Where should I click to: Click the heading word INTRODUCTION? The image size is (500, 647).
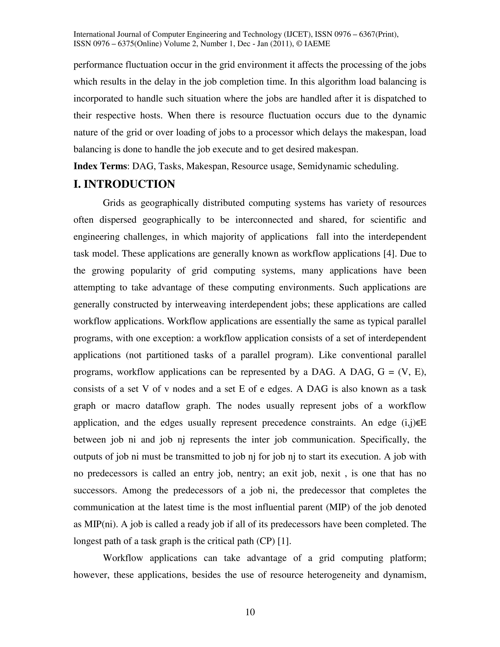tap(129, 184)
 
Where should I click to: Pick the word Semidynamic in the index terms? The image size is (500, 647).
tap(324, 166)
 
